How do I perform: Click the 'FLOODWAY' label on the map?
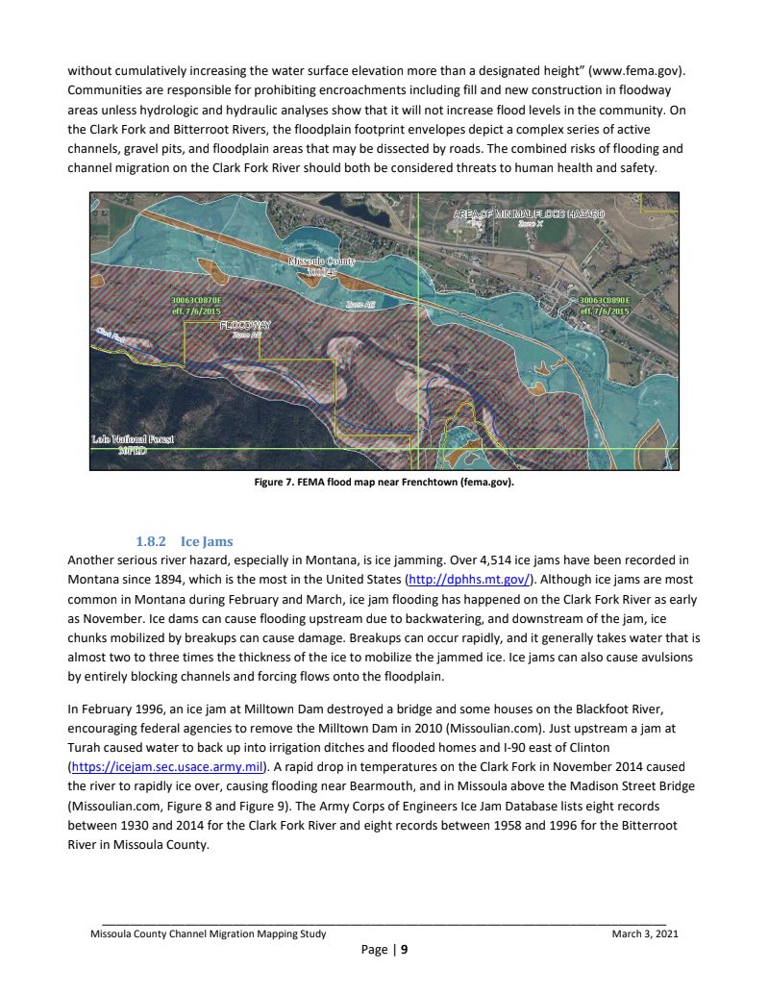click(245, 325)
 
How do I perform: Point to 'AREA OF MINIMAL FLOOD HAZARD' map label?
click(529, 212)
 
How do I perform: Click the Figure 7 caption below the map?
click(384, 483)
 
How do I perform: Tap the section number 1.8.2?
click(152, 542)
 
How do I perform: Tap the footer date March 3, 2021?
click(645, 933)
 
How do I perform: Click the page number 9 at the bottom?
click(405, 951)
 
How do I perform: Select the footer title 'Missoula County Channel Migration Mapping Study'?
click(208, 933)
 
